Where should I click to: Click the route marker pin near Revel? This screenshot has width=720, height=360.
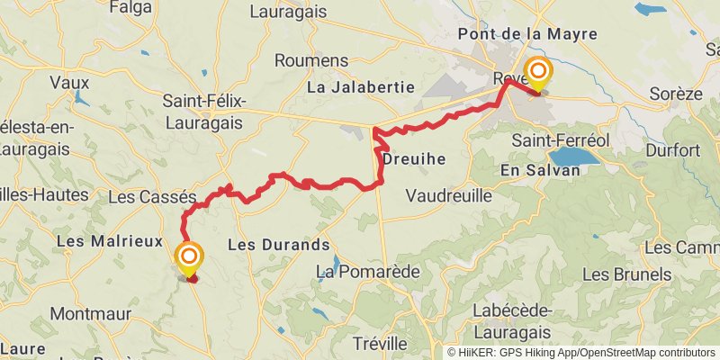[x=538, y=72]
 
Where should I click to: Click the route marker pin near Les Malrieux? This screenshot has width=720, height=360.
[x=189, y=259]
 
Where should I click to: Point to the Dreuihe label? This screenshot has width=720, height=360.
[x=414, y=158]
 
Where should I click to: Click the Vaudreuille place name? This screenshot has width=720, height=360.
[x=449, y=195]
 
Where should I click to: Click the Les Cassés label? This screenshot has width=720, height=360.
[x=151, y=196]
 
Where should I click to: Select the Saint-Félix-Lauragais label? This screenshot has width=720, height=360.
[x=205, y=110]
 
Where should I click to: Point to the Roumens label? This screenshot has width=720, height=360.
[x=310, y=60]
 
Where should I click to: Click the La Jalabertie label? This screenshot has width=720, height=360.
[x=360, y=87]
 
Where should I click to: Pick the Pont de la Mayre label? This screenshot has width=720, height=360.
[x=527, y=34]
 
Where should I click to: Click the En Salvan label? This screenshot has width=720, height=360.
[x=540, y=170]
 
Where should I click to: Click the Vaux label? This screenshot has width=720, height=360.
[x=69, y=82]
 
